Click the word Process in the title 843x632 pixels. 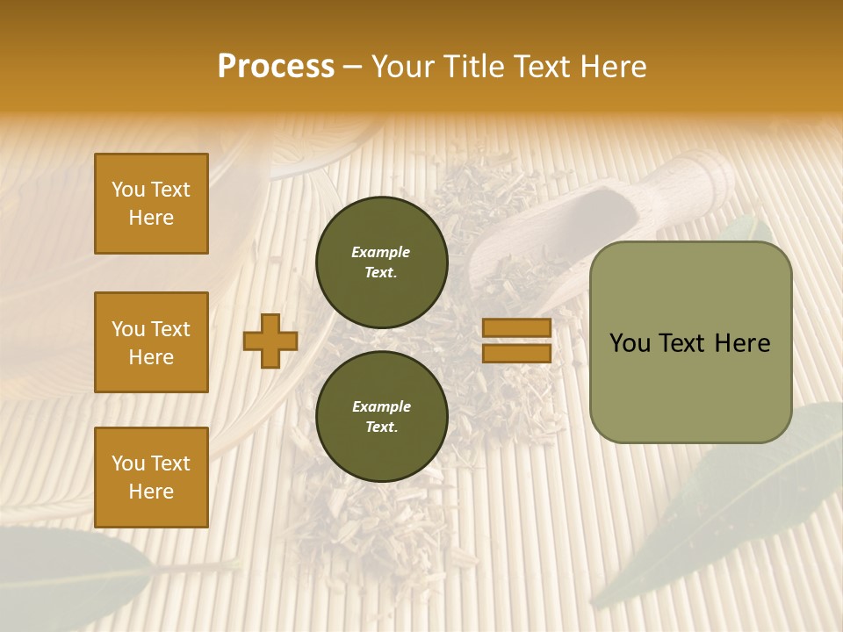pyautogui.click(x=276, y=67)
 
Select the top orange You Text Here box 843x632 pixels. pyautogui.click(x=151, y=204)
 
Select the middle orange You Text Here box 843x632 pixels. pyautogui.click(x=151, y=342)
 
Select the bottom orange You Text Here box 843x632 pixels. pyautogui.click(x=151, y=477)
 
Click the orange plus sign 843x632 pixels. pyautogui.click(x=270, y=341)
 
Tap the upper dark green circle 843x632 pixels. pyautogui.click(x=382, y=262)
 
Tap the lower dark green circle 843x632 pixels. pyautogui.click(x=382, y=417)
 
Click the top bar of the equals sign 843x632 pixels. pyautogui.click(x=517, y=327)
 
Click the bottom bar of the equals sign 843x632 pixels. pyautogui.click(x=517, y=353)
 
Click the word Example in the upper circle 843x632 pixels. pyautogui.click(x=380, y=252)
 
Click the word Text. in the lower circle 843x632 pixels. pyautogui.click(x=380, y=427)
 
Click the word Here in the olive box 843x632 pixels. pyautogui.click(x=742, y=343)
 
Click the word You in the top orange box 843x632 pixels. pyautogui.click(x=128, y=190)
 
